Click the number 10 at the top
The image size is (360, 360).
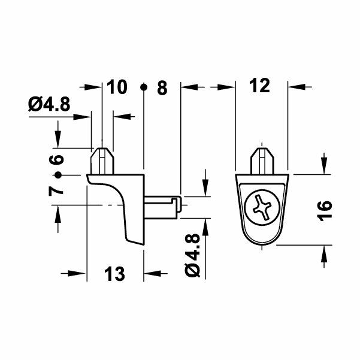pos(117,87)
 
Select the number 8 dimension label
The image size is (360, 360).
pos(161,87)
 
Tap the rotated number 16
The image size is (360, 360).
pos(324,211)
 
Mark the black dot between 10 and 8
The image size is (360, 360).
pos(144,88)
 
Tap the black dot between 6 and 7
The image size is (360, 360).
pos(58,175)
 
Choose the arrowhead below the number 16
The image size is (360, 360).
pos(324,253)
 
